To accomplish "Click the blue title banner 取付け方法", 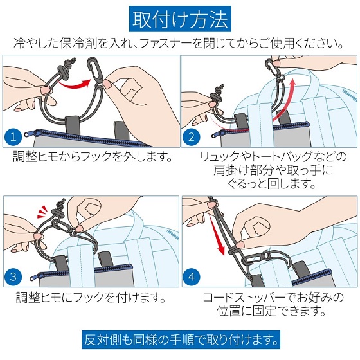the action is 180,19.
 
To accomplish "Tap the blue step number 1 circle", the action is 14,137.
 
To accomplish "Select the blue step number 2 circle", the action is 192,137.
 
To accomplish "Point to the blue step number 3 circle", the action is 14,276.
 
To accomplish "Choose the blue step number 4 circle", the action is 192,276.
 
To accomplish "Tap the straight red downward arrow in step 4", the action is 218,235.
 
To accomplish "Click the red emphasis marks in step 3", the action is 42,212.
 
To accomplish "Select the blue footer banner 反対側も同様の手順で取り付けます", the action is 181,340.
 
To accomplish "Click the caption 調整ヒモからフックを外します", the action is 93,157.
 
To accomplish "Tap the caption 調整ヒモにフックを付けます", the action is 91,297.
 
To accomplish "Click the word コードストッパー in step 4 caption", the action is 244,297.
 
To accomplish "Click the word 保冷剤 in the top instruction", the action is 78,43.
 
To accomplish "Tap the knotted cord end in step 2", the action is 217,93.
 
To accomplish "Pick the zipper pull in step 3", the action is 37,276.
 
